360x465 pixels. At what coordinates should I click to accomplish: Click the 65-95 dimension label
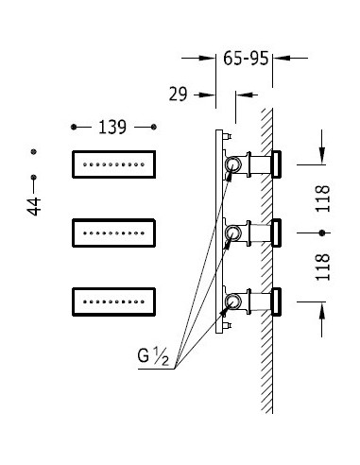pos(246,59)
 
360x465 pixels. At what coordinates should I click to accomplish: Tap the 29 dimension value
pos(178,94)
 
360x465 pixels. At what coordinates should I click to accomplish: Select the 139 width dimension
pos(112,128)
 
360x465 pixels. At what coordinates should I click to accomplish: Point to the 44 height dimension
pos(34,207)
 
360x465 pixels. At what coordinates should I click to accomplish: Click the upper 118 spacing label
pos(323,198)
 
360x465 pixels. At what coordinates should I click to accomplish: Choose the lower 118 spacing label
pos(323,267)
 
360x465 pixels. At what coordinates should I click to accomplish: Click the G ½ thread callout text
pos(153,356)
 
